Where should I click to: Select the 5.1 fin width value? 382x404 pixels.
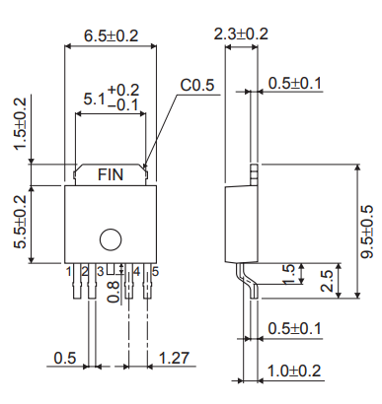[x=94, y=99]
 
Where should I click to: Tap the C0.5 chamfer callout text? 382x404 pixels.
[x=196, y=86]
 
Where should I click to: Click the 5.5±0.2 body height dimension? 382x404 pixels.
[x=20, y=224]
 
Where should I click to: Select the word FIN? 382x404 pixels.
[x=111, y=174]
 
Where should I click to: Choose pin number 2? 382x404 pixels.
[x=85, y=270]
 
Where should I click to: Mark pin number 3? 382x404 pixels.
[x=101, y=270]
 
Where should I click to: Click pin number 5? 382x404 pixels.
[x=153, y=270]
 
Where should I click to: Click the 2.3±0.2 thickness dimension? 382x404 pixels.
[x=240, y=34]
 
